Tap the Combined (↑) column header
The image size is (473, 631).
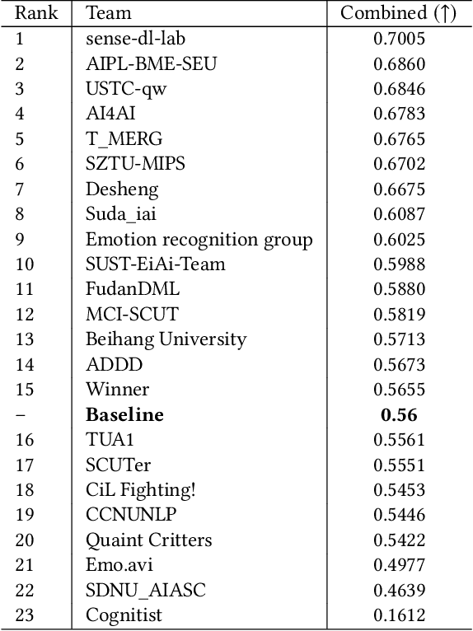(x=399, y=13)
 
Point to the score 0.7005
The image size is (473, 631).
(x=399, y=39)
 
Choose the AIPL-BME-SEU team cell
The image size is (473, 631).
(x=152, y=63)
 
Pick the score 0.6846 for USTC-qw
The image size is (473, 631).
(x=399, y=89)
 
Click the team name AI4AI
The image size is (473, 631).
(x=110, y=114)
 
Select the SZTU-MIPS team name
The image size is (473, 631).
(x=135, y=164)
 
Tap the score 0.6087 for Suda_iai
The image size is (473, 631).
(x=399, y=214)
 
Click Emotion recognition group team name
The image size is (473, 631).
(x=199, y=240)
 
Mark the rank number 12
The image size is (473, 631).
(x=25, y=314)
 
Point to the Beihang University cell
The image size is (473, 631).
(x=166, y=339)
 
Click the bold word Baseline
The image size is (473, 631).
(x=124, y=414)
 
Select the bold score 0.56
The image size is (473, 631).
(x=399, y=414)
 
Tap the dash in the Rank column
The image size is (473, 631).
(x=20, y=414)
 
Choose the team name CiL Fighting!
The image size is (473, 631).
(x=141, y=489)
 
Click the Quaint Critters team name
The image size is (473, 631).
(x=148, y=540)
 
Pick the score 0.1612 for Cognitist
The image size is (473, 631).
(x=399, y=615)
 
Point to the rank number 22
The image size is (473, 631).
(x=25, y=590)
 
